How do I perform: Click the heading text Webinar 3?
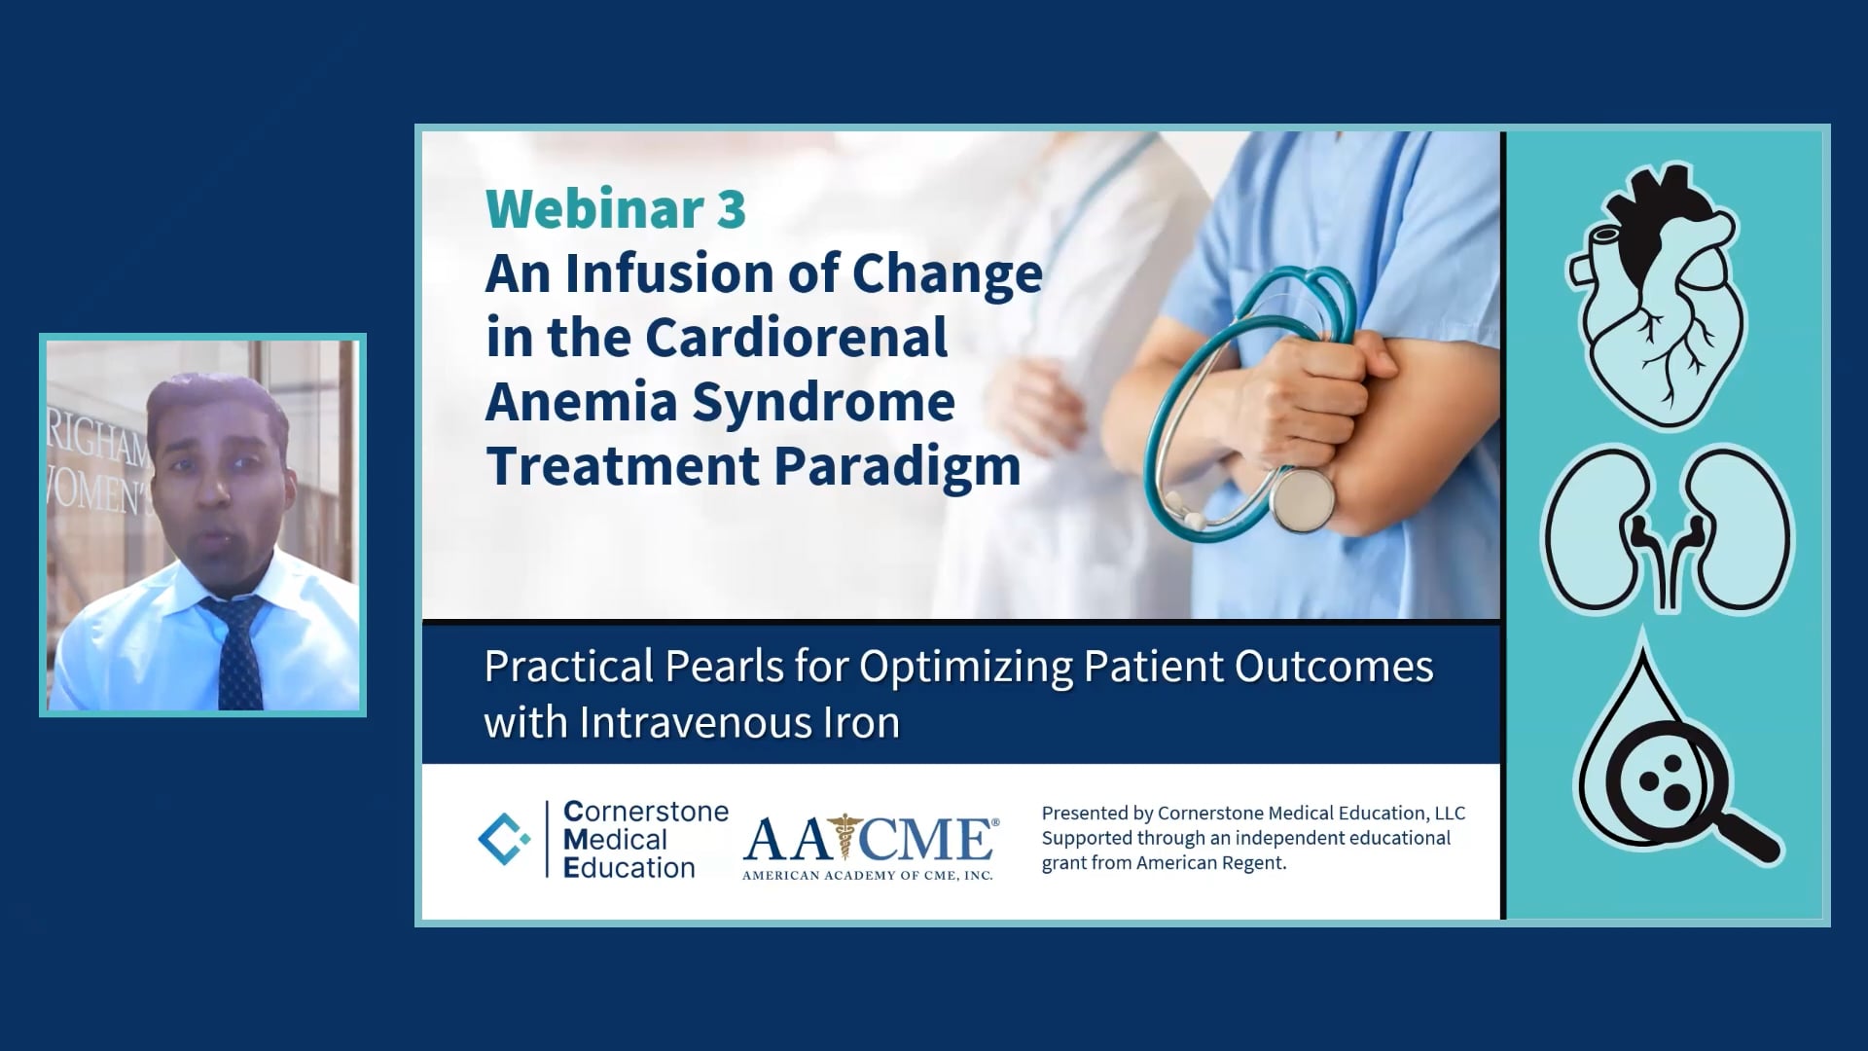point(615,208)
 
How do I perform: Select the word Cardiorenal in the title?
point(795,338)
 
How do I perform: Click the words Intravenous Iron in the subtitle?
point(739,723)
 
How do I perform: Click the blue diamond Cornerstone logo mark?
point(504,839)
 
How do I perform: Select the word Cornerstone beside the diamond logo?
point(646,812)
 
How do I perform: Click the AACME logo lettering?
point(869,839)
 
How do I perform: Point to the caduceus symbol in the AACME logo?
point(844,836)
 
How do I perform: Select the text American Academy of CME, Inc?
point(867,876)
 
